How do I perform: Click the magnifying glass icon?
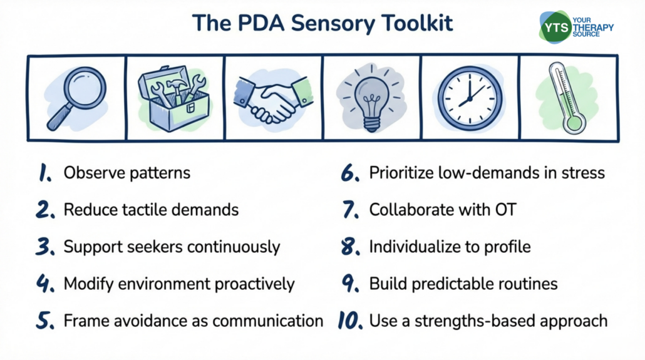coord(77,97)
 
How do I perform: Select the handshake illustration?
coord(273,98)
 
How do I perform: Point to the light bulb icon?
coord(371,99)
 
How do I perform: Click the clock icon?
coord(470,98)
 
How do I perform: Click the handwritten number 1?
coord(45,173)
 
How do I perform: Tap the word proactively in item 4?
coord(254,284)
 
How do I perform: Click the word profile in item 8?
coord(508,247)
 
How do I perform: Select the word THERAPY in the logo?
coord(593,28)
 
